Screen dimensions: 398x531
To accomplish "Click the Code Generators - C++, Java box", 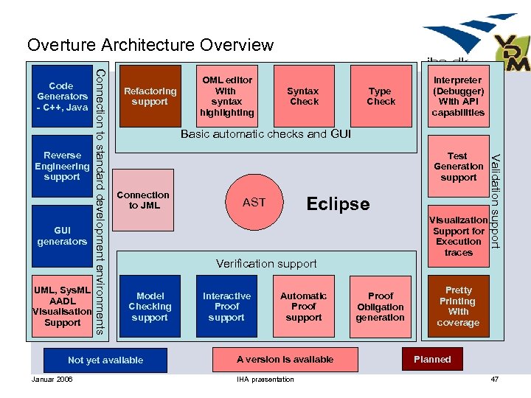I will point(62,97).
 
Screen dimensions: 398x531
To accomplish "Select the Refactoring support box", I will point(150,97).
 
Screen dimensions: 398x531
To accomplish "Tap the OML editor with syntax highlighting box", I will point(227,97).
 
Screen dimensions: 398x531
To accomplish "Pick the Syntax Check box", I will point(303,97).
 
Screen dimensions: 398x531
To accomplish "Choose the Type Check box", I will point(381,97).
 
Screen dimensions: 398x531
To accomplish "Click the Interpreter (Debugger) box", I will point(458,97).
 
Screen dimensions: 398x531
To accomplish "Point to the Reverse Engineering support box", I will point(62,167).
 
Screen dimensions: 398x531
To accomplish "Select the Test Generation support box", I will point(458,167).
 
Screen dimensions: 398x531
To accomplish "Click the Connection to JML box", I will point(143,200).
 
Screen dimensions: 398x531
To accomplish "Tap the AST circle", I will point(254,202).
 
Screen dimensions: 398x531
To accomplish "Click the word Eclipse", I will point(338,203).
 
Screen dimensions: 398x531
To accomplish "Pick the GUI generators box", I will point(62,236).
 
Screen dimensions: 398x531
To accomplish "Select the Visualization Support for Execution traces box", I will point(458,236).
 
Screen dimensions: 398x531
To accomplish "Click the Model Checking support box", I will point(150,307).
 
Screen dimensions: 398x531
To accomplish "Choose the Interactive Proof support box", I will point(226,307).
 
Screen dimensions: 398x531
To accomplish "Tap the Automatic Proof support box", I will point(303,307).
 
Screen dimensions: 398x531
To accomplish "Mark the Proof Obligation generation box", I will point(381,307).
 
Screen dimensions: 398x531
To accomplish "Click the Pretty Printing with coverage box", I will point(458,307).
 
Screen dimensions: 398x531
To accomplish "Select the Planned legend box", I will point(432,360).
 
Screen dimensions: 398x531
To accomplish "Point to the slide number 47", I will point(494,380).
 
